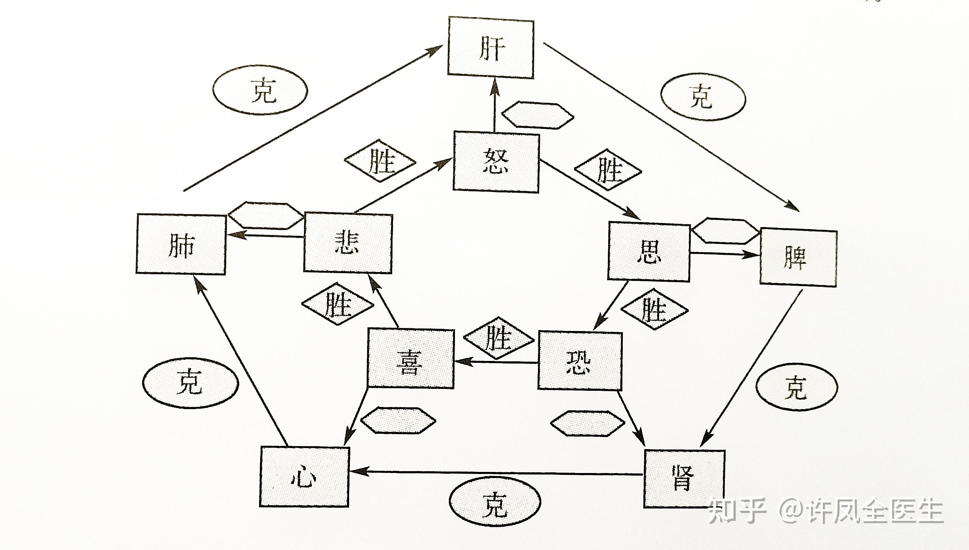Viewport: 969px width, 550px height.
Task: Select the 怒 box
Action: (496, 162)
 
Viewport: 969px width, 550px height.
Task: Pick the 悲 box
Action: (348, 242)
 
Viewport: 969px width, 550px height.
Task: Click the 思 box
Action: (649, 252)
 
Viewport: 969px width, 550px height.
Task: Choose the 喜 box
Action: (411, 358)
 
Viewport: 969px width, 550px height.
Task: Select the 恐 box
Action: (579, 361)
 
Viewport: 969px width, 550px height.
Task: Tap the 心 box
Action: (304, 477)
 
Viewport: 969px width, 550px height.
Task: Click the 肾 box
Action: (684, 479)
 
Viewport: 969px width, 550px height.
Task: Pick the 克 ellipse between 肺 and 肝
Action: (261, 91)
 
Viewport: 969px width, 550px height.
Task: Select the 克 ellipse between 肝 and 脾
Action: (703, 97)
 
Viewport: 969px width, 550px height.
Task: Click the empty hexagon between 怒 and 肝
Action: (538, 115)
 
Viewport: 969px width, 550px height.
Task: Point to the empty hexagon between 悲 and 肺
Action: (266, 216)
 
